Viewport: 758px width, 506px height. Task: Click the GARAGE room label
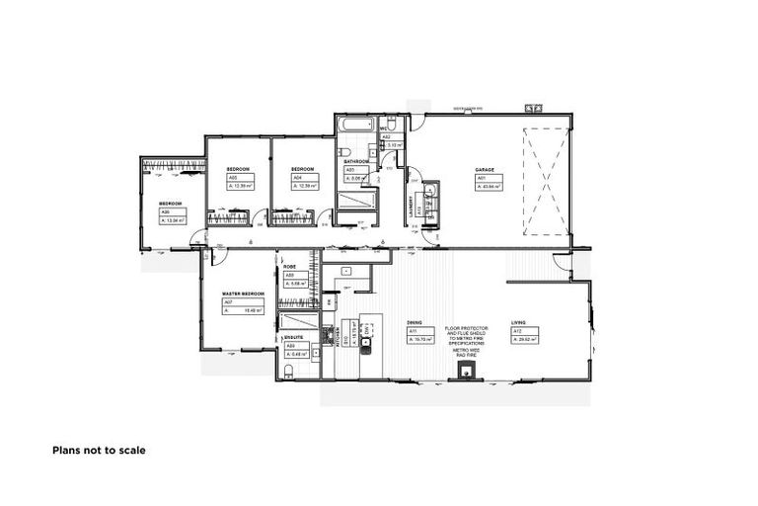484,169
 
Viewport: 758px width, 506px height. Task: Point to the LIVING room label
519,323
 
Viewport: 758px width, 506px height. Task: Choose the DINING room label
415,323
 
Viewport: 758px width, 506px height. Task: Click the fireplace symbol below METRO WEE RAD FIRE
465,372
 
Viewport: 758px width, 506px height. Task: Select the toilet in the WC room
391,125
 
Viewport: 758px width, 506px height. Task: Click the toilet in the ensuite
287,372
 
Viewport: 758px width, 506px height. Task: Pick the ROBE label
290,267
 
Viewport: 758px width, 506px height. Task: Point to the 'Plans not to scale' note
99,450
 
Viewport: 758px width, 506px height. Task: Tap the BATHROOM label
356,161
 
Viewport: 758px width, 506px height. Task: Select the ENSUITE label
293,337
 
